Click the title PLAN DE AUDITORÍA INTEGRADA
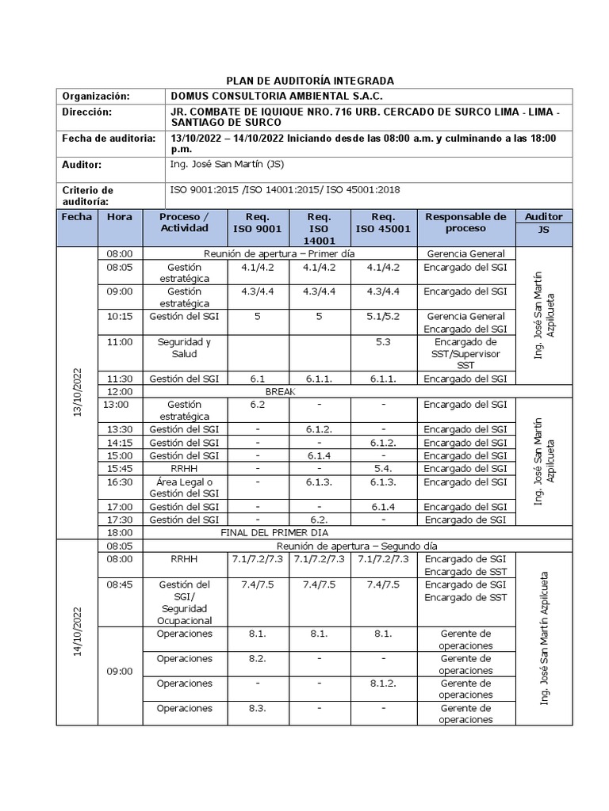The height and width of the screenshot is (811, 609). (310, 81)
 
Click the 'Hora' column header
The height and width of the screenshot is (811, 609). (120, 216)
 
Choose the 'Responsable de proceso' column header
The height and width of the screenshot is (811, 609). (465, 223)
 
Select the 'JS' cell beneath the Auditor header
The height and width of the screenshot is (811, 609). (543, 229)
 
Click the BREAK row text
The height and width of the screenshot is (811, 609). (280, 391)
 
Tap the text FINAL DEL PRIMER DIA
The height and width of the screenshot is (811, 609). (279, 533)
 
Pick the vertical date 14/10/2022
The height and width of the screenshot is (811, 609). (78, 631)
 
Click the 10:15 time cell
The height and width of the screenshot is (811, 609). (120, 316)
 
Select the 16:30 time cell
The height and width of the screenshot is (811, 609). (120, 482)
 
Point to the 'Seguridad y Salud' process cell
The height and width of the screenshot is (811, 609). (184, 348)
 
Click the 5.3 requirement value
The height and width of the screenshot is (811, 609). (383, 341)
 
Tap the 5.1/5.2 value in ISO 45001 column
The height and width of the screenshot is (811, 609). (383, 316)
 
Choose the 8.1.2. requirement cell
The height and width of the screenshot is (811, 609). (383, 683)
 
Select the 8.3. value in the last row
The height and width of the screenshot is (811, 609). (256, 708)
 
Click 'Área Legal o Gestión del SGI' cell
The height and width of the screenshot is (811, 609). (184, 488)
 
